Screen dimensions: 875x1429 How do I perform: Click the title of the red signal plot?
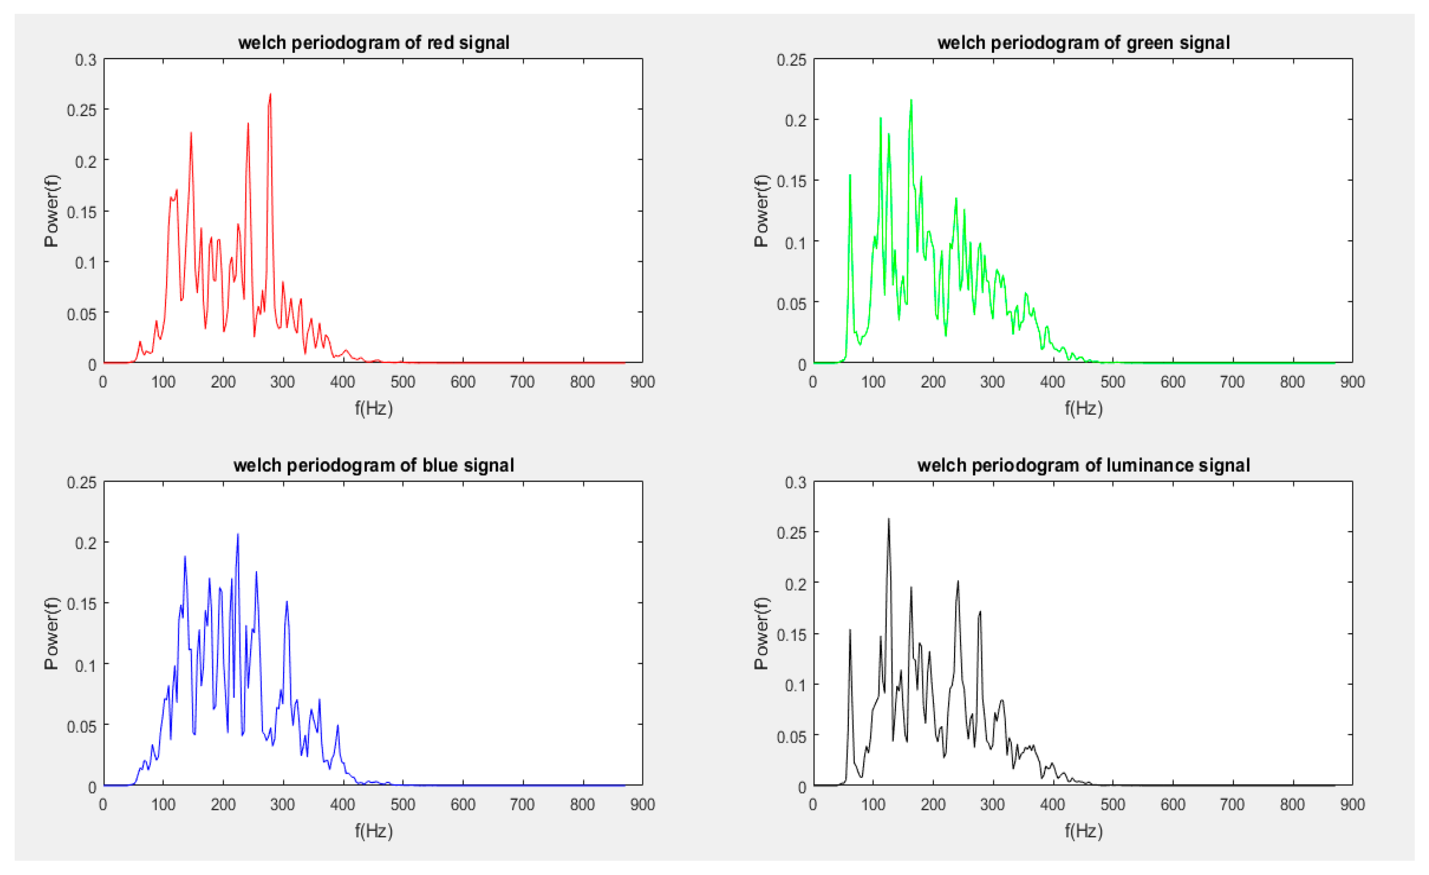[373, 42]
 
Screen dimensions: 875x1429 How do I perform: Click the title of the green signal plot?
[1084, 42]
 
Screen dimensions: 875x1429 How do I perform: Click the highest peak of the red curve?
[270, 94]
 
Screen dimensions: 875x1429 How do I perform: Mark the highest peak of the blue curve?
[238, 534]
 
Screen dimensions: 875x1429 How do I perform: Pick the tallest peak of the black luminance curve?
[889, 519]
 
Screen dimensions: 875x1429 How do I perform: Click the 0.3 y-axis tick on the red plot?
[86, 59]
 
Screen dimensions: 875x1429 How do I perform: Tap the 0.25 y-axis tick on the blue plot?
[82, 482]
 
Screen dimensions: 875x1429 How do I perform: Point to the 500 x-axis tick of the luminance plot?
[1112, 804]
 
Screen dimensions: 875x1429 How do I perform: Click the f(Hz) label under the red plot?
[373, 409]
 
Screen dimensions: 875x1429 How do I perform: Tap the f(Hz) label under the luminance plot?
[1084, 831]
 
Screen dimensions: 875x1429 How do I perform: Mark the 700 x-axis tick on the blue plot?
[522, 804]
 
